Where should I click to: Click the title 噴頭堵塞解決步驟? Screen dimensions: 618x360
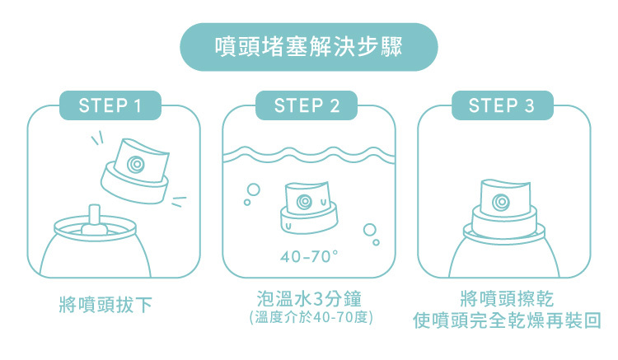click(x=308, y=46)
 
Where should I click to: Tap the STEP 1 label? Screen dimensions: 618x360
click(x=110, y=105)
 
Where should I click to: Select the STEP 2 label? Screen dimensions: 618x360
click(x=307, y=105)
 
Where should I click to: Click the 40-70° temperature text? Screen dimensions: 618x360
click(x=309, y=256)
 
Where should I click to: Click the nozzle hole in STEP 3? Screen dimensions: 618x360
click(x=500, y=201)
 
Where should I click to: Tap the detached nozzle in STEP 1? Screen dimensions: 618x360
click(x=135, y=171)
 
